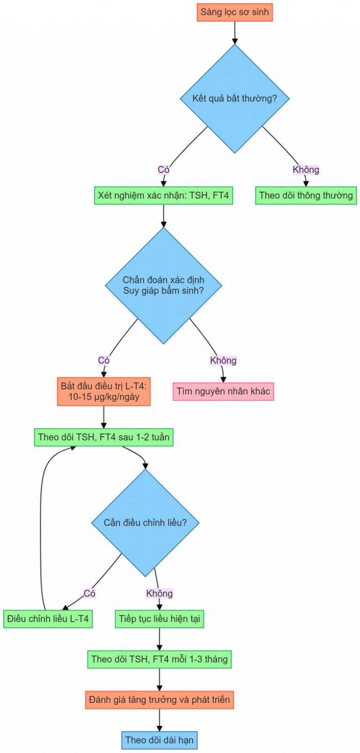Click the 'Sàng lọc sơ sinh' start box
click(235, 13)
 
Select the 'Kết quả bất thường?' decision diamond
click(235, 98)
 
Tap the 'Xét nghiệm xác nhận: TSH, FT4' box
click(164, 195)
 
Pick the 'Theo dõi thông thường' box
click(306, 195)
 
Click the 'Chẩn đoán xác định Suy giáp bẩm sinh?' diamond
click(164, 285)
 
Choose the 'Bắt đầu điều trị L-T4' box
click(104, 391)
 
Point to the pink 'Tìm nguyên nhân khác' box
click(223, 391)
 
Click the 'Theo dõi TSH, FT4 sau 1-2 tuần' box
click(104, 437)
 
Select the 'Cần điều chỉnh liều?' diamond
click(145, 523)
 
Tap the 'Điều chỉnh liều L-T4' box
click(48, 619)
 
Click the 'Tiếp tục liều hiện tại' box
click(159, 619)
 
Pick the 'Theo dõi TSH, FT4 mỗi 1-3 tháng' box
click(159, 659)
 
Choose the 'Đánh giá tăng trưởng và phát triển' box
click(159, 700)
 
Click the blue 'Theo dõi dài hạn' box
click(159, 740)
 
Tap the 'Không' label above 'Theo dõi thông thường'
click(306, 170)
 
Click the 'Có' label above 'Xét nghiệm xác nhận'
click(164, 170)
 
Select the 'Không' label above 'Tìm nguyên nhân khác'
click(223, 360)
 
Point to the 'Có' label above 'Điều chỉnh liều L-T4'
click(90, 593)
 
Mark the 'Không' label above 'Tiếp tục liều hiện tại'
click(159, 593)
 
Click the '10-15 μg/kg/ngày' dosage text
click(104, 397)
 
